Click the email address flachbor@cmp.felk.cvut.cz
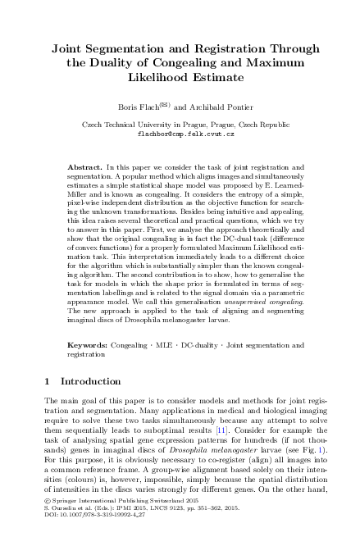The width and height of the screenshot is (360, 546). click(x=180, y=133)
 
